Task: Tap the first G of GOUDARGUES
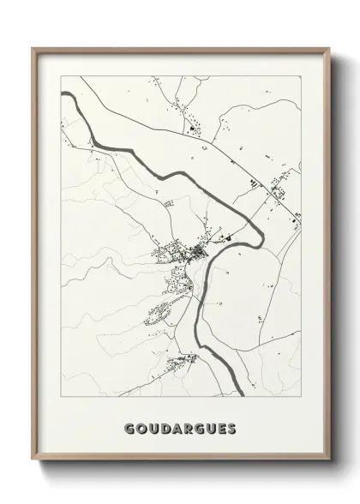point(129,427)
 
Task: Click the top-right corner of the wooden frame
point(328,49)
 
